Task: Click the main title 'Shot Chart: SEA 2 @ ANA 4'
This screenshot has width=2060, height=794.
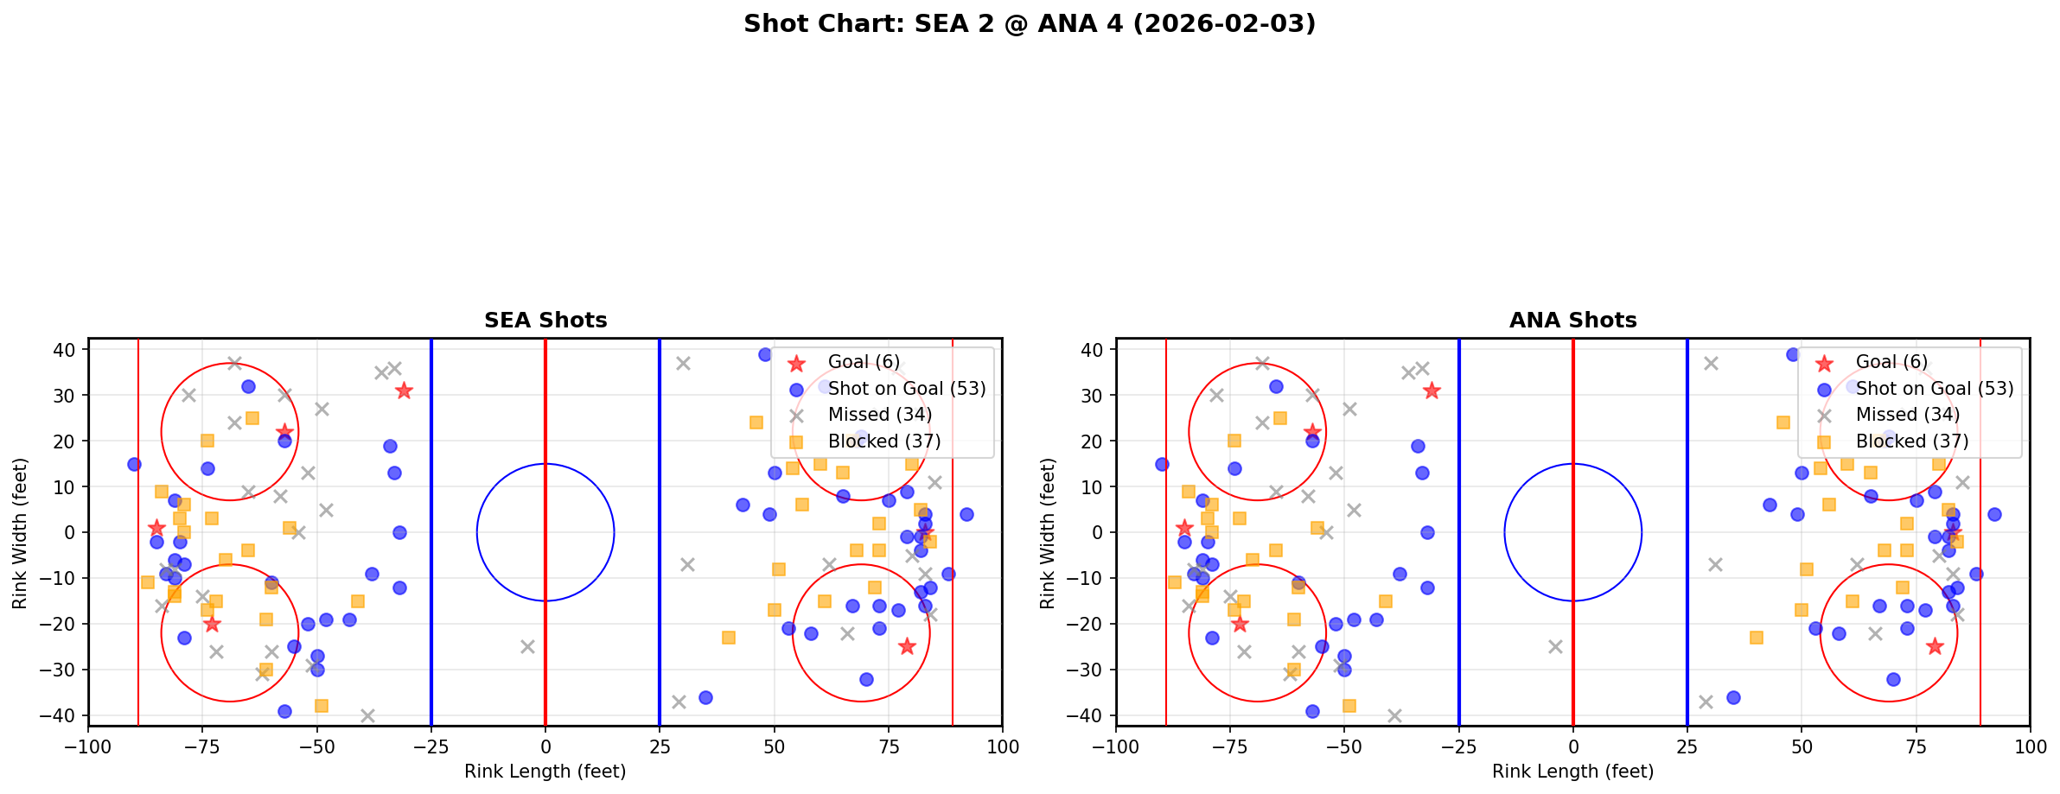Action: pos(1029,23)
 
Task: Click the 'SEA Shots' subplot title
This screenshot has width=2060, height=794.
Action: pos(545,321)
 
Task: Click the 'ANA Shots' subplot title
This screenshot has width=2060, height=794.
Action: pos(1572,321)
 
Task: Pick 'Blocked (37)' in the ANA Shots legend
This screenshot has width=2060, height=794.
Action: pos(1912,441)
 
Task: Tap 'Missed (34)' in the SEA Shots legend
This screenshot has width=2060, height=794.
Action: pos(879,415)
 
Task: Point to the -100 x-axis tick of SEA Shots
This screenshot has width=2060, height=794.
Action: pos(88,746)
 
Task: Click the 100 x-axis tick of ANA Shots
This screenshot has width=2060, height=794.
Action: pos(2029,746)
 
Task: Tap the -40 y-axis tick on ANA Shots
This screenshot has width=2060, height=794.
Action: pos(1091,715)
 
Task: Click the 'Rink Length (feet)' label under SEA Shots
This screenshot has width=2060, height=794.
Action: pos(545,772)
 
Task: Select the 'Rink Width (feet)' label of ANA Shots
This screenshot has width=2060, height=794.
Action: pos(1048,532)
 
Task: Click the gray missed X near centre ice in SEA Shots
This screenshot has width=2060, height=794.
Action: pos(527,646)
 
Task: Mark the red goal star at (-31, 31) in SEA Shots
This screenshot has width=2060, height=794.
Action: pos(404,391)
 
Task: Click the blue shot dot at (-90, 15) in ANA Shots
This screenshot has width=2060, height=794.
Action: pos(1162,464)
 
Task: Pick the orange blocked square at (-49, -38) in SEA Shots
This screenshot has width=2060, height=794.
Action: pos(322,706)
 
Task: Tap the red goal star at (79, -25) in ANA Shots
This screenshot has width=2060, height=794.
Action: pos(1934,646)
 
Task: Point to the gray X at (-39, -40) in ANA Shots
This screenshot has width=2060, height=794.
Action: pos(1394,715)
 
